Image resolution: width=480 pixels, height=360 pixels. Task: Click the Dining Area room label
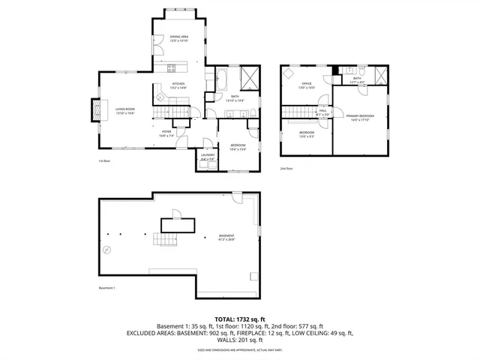pyautogui.click(x=178, y=38)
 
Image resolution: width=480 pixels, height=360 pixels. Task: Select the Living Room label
pyautogui.click(x=124, y=110)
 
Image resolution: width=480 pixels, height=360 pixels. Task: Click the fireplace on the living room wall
pyautogui.click(x=94, y=111)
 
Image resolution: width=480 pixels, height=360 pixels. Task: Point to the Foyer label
pyautogui.click(x=166, y=134)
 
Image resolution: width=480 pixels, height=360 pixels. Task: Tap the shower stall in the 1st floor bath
pyautogui.click(x=250, y=78)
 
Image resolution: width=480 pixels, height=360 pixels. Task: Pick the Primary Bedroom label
pyautogui.click(x=360, y=117)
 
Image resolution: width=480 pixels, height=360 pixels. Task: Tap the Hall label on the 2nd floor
pyautogui.click(x=322, y=112)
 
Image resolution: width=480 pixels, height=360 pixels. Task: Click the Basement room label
pyautogui.click(x=226, y=238)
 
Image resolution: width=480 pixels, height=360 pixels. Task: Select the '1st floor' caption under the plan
pyautogui.click(x=104, y=160)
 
